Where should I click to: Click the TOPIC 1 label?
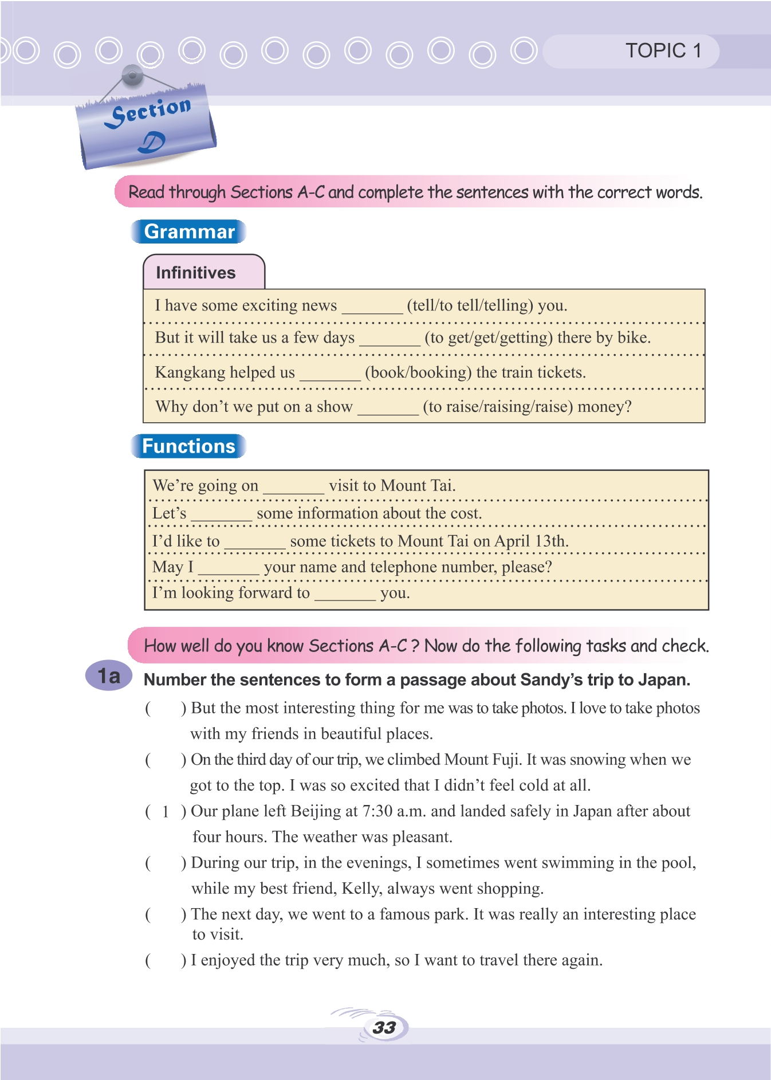point(663,51)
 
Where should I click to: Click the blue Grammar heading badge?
point(188,231)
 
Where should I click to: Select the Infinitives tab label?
point(195,273)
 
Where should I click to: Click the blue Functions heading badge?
point(188,446)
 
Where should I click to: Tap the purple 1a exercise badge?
point(109,676)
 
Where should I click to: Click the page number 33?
point(384,1027)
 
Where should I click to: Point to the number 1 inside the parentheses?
point(166,812)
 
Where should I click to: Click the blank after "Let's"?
point(221,515)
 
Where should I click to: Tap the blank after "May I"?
point(229,569)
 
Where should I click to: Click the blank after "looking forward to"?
point(345,595)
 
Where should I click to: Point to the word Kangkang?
point(190,372)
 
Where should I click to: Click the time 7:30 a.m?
point(394,811)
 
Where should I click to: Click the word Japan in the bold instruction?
point(663,680)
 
